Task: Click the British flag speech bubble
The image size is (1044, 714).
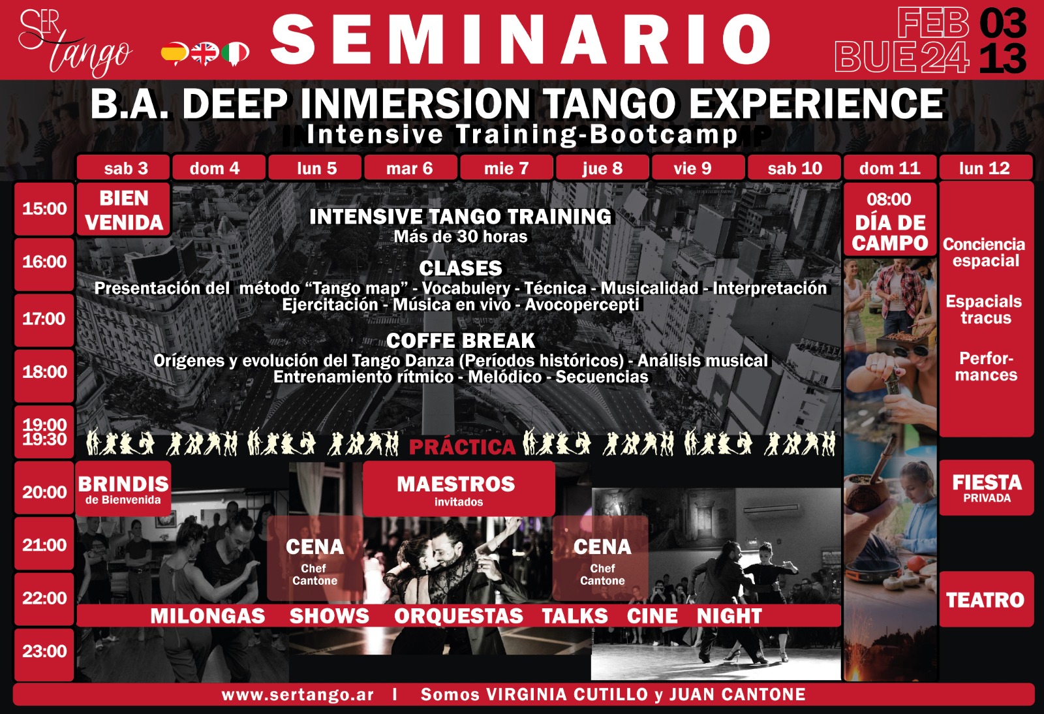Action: point(205,54)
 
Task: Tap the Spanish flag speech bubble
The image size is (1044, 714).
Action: point(174,54)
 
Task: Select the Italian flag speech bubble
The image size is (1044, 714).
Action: point(236,54)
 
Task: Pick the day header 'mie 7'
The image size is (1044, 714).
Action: point(506,168)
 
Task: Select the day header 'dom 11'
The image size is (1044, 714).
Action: point(890,168)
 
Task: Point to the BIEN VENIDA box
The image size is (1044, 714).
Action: point(123,210)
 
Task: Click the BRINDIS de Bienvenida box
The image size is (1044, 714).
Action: point(123,488)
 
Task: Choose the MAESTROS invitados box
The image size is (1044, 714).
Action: point(459,489)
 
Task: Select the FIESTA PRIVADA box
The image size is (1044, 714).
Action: point(986,488)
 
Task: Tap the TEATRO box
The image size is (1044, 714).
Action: point(986,599)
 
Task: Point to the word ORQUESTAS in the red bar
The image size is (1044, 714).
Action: point(459,616)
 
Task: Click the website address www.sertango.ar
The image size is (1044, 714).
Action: point(298,694)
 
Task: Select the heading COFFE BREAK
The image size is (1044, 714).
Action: point(461,341)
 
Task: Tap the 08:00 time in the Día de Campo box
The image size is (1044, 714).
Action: point(889,200)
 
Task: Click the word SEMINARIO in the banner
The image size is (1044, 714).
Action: point(521,39)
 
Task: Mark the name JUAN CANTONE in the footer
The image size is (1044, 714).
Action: point(737,694)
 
